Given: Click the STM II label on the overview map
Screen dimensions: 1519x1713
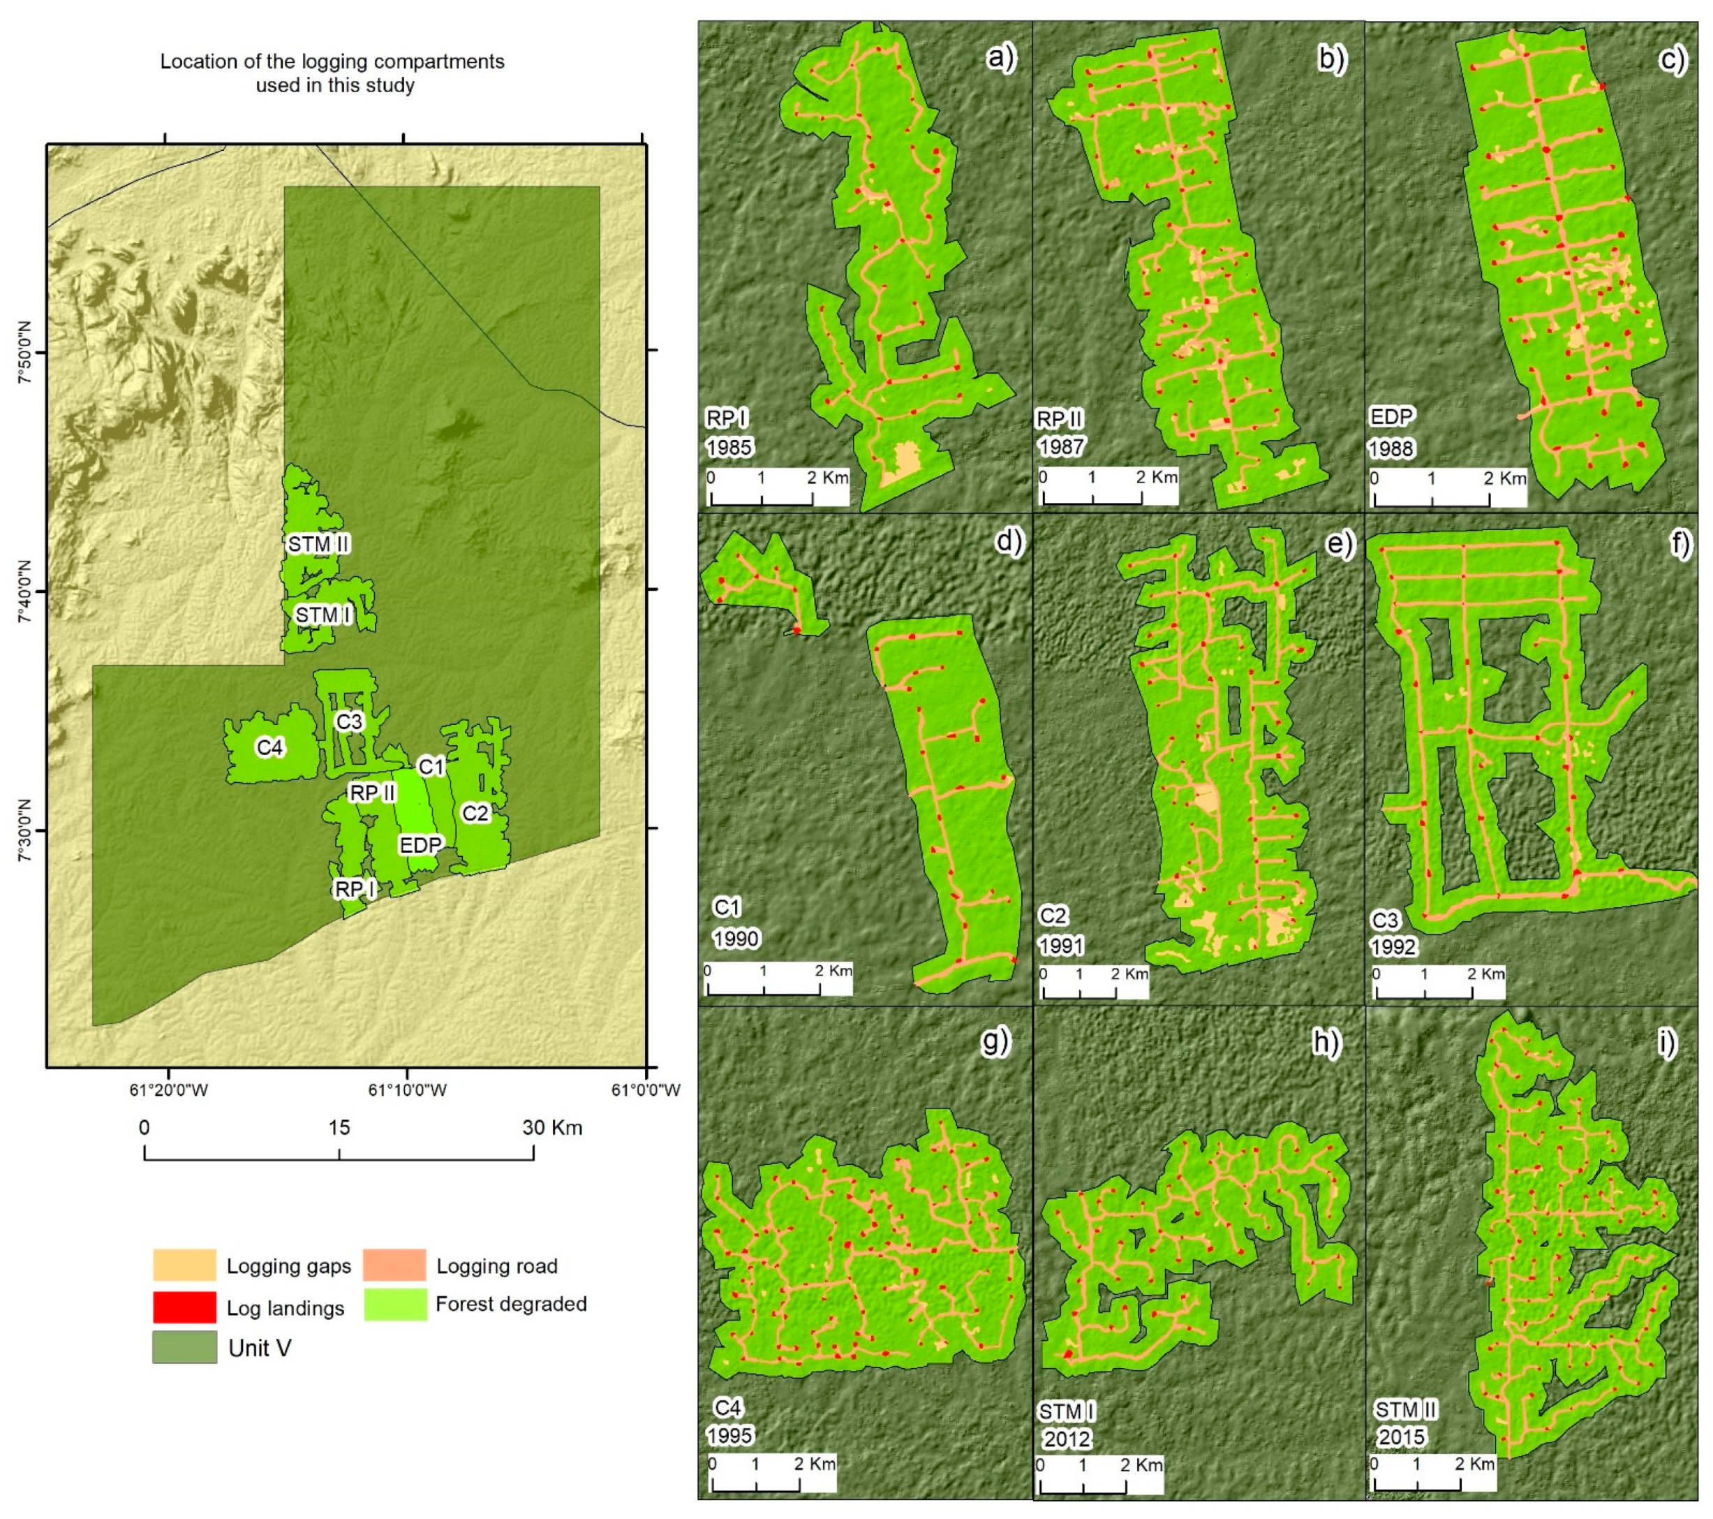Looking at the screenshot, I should pyautogui.click(x=318, y=544).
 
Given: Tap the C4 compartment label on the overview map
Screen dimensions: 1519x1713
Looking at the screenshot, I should pyautogui.click(x=270, y=747).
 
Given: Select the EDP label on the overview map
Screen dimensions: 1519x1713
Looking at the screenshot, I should pyautogui.click(x=420, y=845).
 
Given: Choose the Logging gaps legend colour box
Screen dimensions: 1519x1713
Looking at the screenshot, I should pyautogui.click(x=184, y=1265).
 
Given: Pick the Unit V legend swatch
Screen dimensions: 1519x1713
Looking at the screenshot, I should pyautogui.click(x=184, y=1348).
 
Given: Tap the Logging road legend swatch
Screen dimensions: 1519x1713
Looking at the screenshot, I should pyautogui.click(x=394, y=1265).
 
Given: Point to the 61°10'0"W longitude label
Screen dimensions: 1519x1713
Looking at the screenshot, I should pyautogui.click(x=406, y=1089).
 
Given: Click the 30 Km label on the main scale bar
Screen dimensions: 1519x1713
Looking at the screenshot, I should pyautogui.click(x=551, y=1127).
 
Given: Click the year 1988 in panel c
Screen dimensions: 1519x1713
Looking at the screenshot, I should pyautogui.click(x=1391, y=448).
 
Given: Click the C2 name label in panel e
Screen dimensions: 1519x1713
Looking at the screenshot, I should pyautogui.click(x=1054, y=916).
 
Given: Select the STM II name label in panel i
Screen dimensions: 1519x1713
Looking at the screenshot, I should pyautogui.click(x=1405, y=1410).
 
